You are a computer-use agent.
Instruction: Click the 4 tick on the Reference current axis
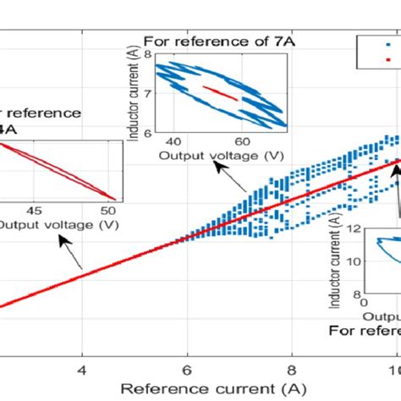[x=82, y=369]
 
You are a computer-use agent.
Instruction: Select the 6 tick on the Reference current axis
[x=186, y=369]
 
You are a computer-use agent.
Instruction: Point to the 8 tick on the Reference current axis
[x=291, y=369]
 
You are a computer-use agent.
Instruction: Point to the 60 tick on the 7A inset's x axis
[x=241, y=140]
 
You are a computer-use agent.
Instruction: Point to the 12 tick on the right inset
[x=354, y=228]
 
